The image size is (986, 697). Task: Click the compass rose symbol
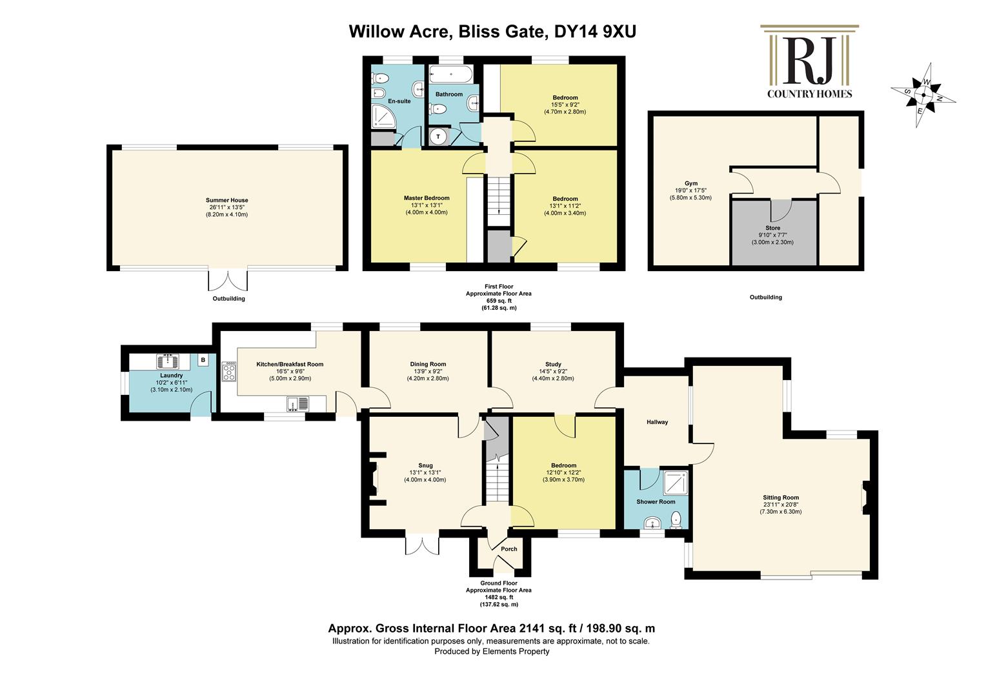coord(923,95)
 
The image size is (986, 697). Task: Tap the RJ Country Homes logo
coord(809,61)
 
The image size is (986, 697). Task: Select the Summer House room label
coord(226,200)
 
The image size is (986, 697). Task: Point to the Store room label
coord(772,228)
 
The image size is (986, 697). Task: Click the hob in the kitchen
coord(229,371)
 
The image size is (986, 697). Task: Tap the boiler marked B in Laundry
coord(203,359)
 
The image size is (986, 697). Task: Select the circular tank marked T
coord(438,136)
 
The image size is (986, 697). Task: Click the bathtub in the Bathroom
coord(451,74)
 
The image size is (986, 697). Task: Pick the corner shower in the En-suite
coord(384,116)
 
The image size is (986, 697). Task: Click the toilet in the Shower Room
coord(675,520)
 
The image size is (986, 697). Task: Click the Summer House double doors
coord(228,280)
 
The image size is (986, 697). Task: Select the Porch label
coord(509,549)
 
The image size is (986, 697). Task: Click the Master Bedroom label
coord(427,198)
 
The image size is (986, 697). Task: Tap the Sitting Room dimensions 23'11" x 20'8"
coord(781,505)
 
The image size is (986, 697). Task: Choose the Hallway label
coord(657,422)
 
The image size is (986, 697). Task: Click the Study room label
coord(553,364)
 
